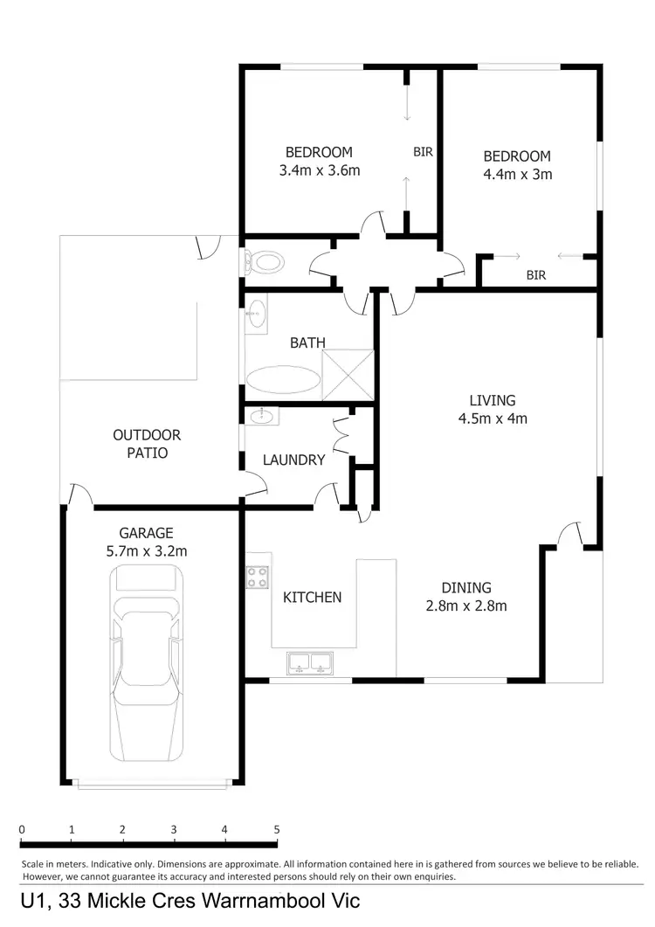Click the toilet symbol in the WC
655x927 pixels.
[264, 260]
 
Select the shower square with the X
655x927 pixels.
[348, 374]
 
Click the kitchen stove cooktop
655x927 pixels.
[258, 577]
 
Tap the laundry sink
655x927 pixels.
[262, 417]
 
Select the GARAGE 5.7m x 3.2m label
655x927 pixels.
[146, 542]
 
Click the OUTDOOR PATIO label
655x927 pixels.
[146, 444]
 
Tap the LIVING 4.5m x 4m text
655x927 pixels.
[493, 409]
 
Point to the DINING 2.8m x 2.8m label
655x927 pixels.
[465, 596]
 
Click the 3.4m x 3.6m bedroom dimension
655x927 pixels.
[319, 171]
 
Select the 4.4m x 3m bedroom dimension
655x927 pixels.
[517, 174]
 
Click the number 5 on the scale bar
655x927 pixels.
[276, 830]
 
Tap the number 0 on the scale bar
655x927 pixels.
[22, 830]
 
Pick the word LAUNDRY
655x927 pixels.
[293, 460]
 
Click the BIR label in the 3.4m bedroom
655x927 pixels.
[423, 152]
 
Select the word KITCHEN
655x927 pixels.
[312, 598]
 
